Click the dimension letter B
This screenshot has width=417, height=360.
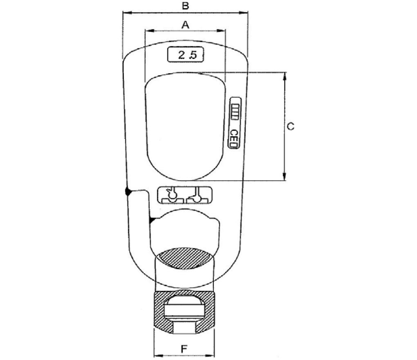coord(185,6)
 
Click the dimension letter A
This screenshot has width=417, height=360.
coord(185,25)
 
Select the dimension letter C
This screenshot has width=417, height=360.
coord(291,126)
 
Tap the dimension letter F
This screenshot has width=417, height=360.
coord(184,349)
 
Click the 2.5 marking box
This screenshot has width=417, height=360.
coord(186,54)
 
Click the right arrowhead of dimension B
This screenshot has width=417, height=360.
coord(243,13)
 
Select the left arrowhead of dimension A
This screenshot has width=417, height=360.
coord(150,31)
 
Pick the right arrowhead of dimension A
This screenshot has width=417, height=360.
coord(221,31)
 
